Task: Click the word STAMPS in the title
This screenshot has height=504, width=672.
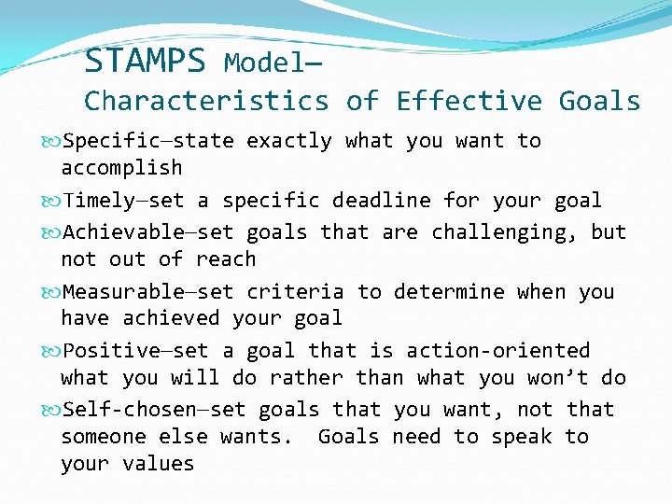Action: (x=144, y=62)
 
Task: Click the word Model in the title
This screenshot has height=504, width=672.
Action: (x=260, y=63)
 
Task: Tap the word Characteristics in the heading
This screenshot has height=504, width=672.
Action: (x=206, y=101)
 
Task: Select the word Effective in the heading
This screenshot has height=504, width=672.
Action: (x=469, y=101)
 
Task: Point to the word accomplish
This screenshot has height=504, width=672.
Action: (x=121, y=168)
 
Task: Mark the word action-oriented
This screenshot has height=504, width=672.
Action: (x=498, y=351)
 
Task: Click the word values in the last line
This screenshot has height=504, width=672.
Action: (x=158, y=464)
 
